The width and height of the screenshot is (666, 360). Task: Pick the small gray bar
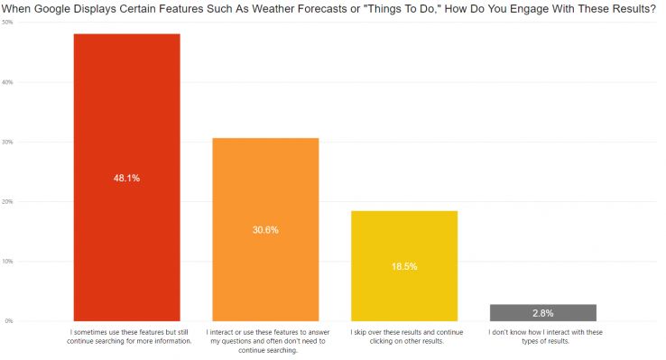tap(543, 313)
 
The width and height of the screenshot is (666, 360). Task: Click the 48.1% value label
tap(126, 178)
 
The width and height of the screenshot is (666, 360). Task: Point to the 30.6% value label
tap(265, 230)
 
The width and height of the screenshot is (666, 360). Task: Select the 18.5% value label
tap(404, 267)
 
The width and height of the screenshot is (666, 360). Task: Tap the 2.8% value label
tap(543, 313)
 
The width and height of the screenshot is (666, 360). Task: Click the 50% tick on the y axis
tap(7, 23)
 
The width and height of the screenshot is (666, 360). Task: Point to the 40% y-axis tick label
tap(7, 82)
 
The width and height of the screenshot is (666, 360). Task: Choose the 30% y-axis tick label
tap(7, 142)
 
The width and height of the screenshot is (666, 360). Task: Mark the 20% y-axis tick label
tap(7, 201)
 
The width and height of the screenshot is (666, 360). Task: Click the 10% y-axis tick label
tap(7, 261)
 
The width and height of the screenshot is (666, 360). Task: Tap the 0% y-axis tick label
tap(8, 320)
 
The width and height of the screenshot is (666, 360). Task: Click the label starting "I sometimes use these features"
tap(126, 337)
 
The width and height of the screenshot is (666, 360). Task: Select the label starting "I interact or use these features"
tap(265, 341)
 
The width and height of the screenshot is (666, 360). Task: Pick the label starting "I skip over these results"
tap(404, 337)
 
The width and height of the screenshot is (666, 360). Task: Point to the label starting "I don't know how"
tap(543, 337)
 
